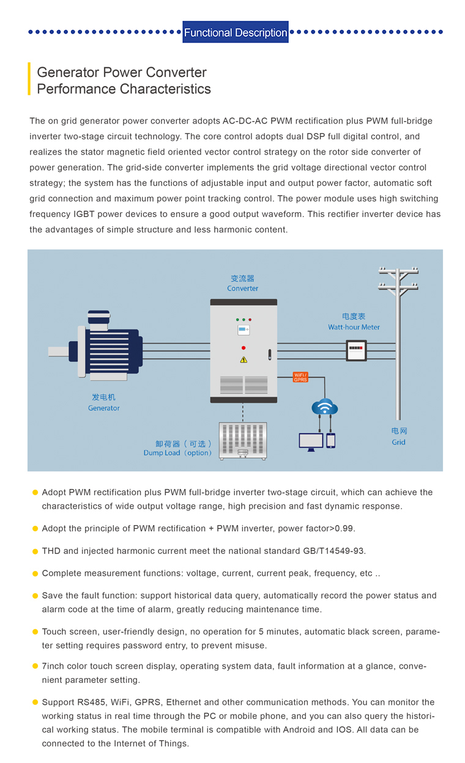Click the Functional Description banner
tap(235, 32)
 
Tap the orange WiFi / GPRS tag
tap(300, 377)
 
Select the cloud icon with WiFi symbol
tap(324, 407)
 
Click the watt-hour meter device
tap(356, 350)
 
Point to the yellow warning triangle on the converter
tap(244, 359)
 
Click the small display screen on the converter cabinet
tap(244, 330)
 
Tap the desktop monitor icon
tap(311, 442)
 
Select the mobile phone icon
tap(330, 440)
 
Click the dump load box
tap(243, 441)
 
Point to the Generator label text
tap(103, 408)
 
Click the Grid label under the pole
tap(398, 442)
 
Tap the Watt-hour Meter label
tap(354, 327)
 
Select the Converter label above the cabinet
tap(242, 288)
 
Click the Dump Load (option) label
tap(177, 452)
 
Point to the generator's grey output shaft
tap(59, 352)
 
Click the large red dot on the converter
tap(244, 348)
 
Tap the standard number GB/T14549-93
tap(333, 551)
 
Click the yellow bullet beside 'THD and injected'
tap(35, 551)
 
